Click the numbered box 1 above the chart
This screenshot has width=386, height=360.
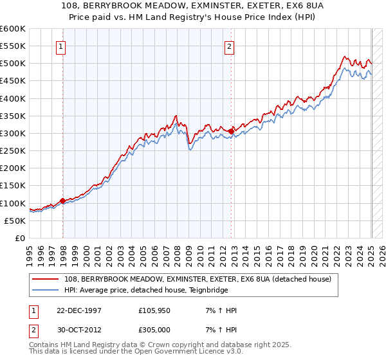(x=60, y=46)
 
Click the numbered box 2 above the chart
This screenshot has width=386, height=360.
(x=229, y=46)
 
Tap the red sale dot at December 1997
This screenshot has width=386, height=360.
(x=63, y=201)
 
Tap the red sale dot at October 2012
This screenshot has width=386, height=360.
(x=231, y=131)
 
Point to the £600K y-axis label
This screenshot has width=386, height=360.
(x=12, y=29)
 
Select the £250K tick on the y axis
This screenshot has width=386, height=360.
(x=12, y=151)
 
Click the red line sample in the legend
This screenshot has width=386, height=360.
(x=46, y=279)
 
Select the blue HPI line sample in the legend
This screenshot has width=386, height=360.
(x=46, y=290)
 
